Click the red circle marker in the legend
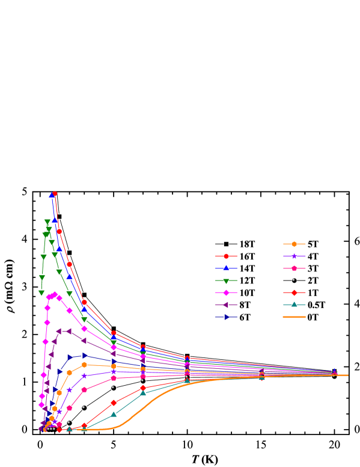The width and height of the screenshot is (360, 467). point(226,256)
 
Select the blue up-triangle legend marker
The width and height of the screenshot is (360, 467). point(226,268)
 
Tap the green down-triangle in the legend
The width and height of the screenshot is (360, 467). point(226,280)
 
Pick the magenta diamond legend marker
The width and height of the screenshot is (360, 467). point(226,292)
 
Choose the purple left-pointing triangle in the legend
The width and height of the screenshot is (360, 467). point(226,305)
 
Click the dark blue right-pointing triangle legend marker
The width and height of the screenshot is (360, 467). point(226,317)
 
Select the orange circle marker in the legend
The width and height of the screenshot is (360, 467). point(294,244)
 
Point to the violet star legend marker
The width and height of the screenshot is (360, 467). point(294,256)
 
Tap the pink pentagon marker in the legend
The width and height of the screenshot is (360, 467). point(294,268)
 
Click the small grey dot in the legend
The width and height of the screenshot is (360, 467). point(293,280)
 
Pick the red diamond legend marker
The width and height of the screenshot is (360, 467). point(294,292)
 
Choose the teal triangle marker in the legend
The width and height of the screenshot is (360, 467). point(294,305)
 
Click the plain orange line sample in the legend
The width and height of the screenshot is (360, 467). point(294,317)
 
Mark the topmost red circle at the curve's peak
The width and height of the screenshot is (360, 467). point(55,194)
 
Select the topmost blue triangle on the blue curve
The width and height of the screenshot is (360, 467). point(52,195)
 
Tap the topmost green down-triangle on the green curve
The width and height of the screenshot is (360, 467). point(47,222)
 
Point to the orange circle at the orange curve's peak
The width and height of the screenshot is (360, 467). point(84,365)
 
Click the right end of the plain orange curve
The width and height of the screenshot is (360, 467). point(347,375)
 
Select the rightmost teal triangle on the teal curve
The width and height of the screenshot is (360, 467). point(261,377)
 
